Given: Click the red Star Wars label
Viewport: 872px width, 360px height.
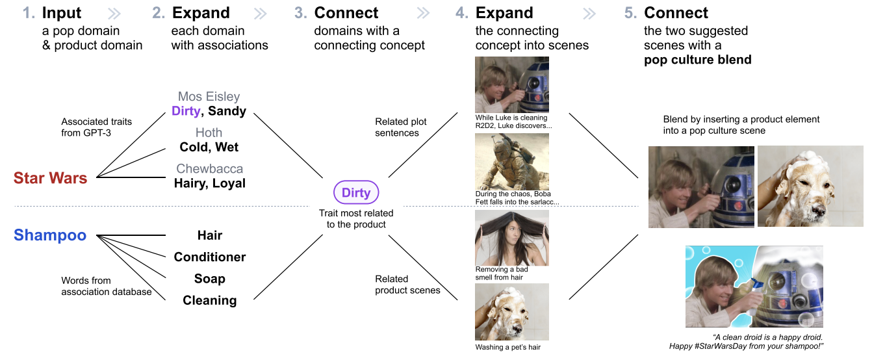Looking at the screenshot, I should [x=50, y=177].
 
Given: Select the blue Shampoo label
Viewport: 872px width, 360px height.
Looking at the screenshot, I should [x=50, y=235].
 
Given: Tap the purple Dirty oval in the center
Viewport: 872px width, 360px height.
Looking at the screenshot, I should [x=356, y=192].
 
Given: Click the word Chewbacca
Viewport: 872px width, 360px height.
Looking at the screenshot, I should [x=209, y=169].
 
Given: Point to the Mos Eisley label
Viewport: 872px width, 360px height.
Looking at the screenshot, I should [x=209, y=97].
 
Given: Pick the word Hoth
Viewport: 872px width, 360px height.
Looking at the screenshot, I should [x=209, y=133].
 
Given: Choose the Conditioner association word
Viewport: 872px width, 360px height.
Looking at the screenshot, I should [x=209, y=257].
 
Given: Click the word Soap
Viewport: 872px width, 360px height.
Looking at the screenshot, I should [x=209, y=279].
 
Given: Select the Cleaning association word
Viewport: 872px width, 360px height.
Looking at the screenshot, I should [x=209, y=300].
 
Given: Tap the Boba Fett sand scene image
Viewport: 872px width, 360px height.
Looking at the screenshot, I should [x=512, y=161].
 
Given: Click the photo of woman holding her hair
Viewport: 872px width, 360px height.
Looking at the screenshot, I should [x=512, y=238].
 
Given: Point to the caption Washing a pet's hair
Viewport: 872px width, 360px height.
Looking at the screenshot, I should [x=507, y=347].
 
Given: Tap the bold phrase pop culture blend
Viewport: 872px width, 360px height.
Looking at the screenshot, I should [x=697, y=60].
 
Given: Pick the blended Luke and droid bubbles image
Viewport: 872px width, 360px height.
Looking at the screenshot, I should [x=754, y=287].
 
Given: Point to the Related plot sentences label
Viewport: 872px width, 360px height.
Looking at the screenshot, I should [x=401, y=127].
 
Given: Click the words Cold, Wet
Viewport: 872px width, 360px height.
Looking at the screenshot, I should [x=209, y=147].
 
